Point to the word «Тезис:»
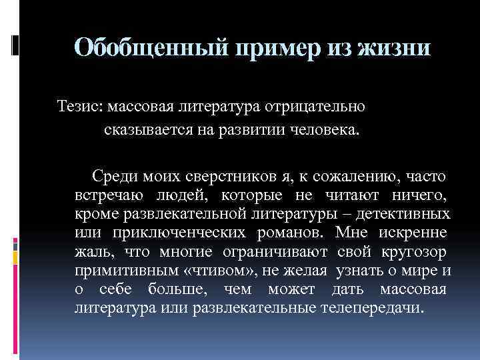(x=80, y=106)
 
